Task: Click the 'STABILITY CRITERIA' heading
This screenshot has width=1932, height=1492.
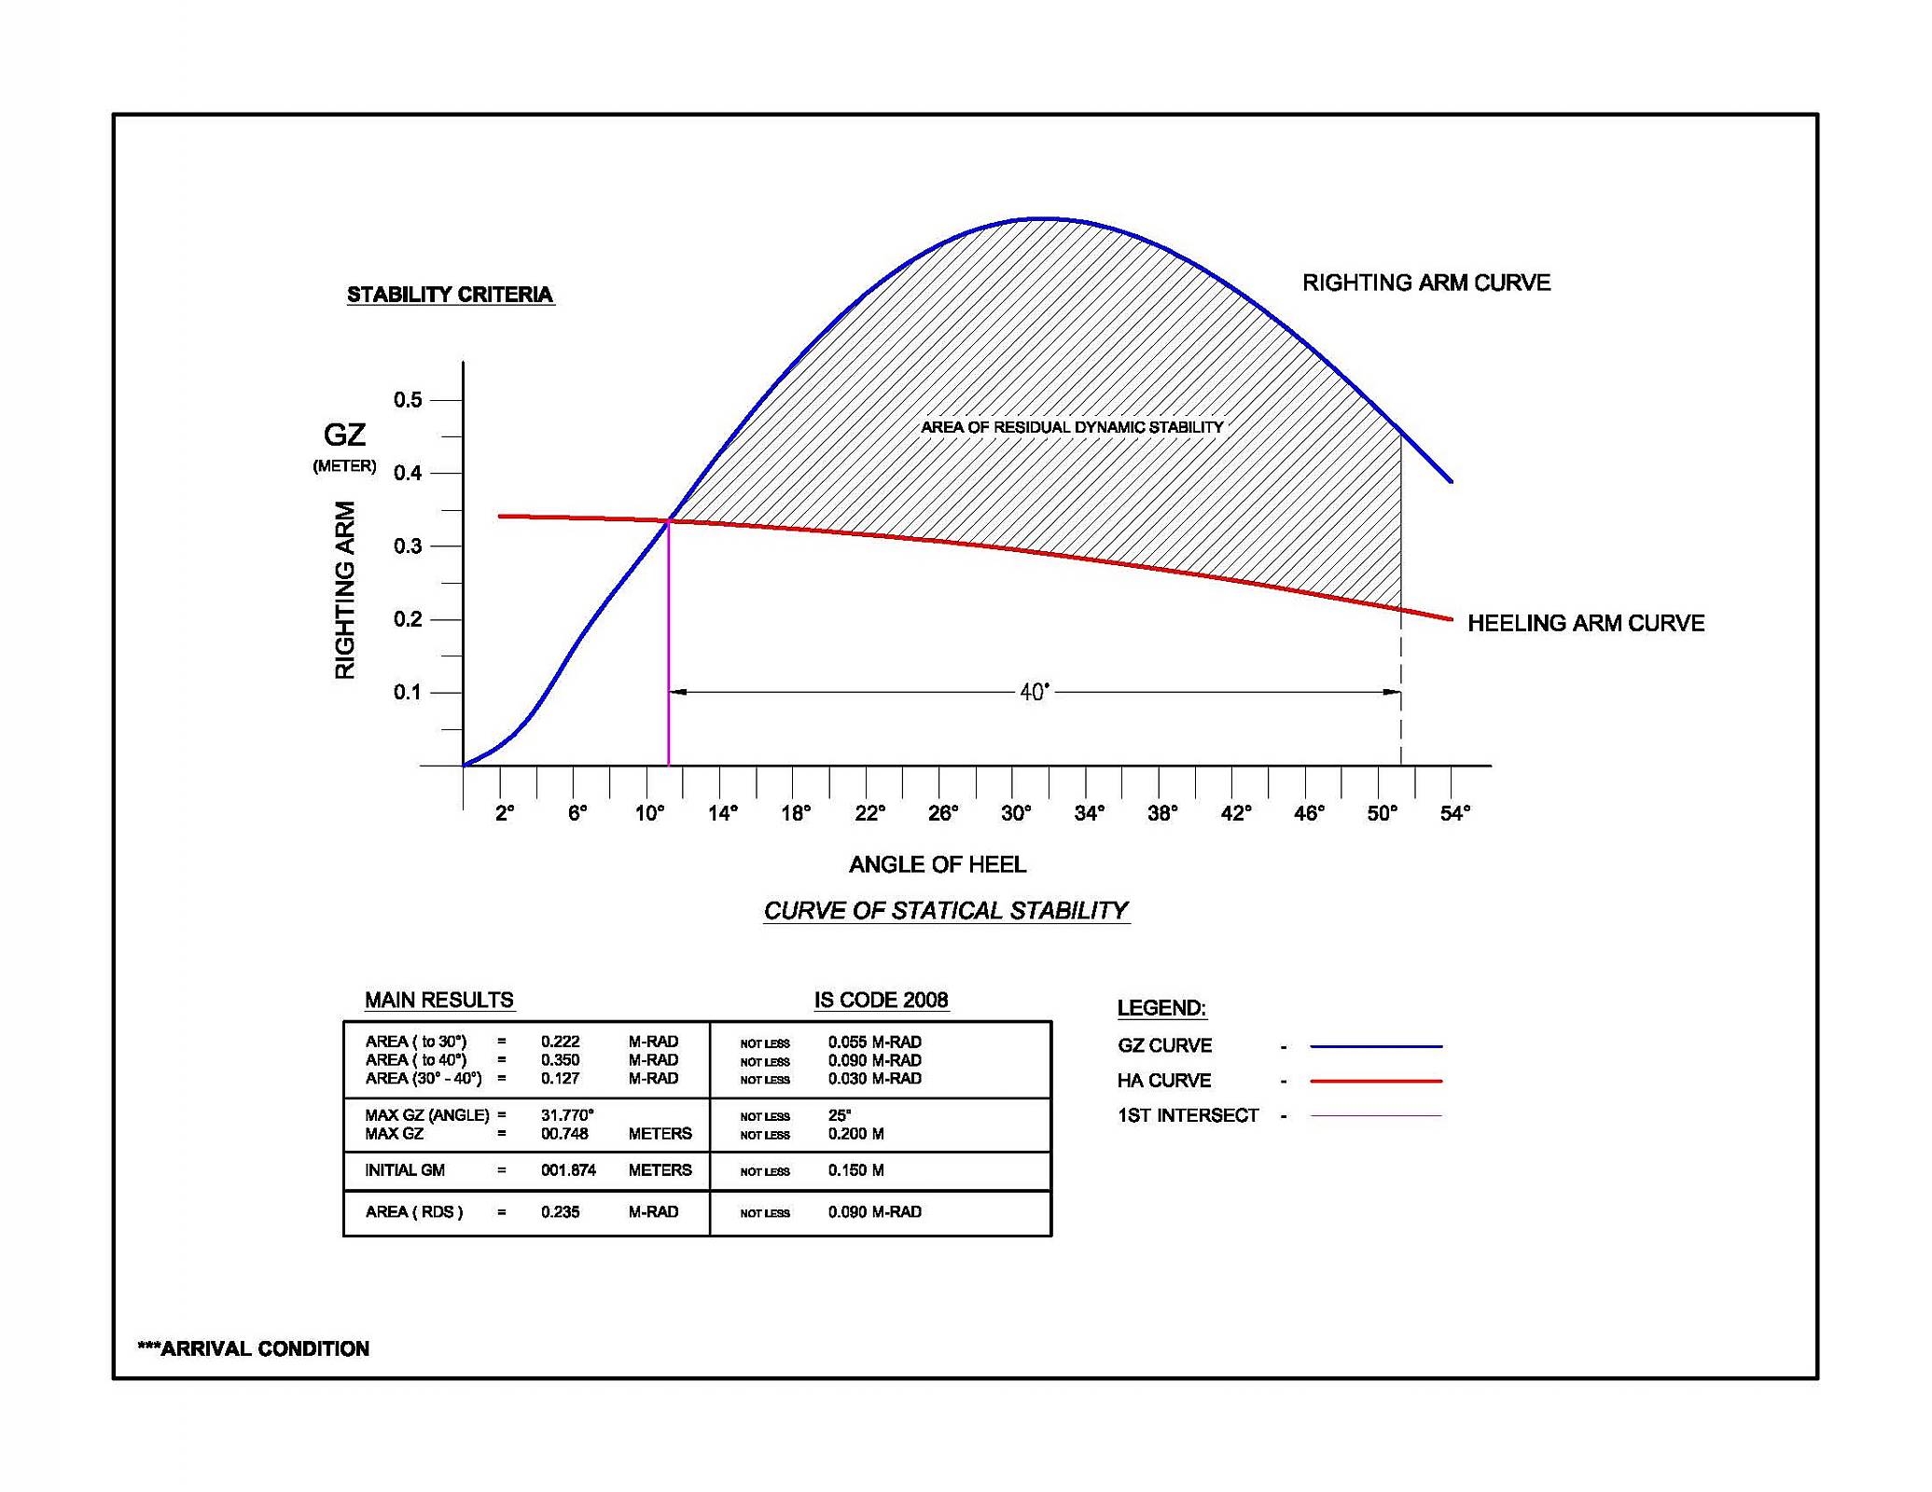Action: (x=450, y=295)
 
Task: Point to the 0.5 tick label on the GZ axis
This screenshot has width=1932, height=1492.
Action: (x=408, y=400)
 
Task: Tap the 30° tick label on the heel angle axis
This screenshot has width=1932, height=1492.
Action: (x=1016, y=813)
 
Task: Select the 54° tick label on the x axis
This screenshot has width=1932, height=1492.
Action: (x=1454, y=813)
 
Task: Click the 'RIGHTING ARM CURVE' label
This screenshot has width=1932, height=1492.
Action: (x=1426, y=283)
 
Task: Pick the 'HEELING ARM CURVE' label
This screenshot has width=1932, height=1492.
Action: (x=1586, y=623)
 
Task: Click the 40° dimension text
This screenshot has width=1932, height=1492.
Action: (x=1035, y=692)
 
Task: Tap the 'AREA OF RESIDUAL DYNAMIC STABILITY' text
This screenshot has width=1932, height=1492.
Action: (x=1072, y=427)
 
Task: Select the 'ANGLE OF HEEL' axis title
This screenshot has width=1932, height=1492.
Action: (x=938, y=864)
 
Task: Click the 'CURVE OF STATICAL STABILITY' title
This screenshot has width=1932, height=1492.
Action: (x=946, y=910)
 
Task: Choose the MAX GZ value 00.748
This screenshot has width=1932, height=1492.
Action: (x=564, y=1134)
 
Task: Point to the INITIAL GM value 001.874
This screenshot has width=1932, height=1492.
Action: (x=568, y=1170)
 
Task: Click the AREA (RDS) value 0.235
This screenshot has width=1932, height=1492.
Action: (x=560, y=1212)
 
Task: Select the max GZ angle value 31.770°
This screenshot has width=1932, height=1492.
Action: (x=567, y=1115)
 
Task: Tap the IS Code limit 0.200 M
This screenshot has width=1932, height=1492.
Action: (x=855, y=1134)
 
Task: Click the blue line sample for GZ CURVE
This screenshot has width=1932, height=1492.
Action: (x=1376, y=1046)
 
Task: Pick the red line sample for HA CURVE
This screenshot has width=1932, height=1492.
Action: (x=1376, y=1081)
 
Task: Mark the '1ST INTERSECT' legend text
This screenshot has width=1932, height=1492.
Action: (x=1188, y=1115)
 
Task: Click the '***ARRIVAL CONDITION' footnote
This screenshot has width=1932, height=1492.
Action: (x=254, y=1348)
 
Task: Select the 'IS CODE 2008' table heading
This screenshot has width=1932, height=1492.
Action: (x=881, y=1000)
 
